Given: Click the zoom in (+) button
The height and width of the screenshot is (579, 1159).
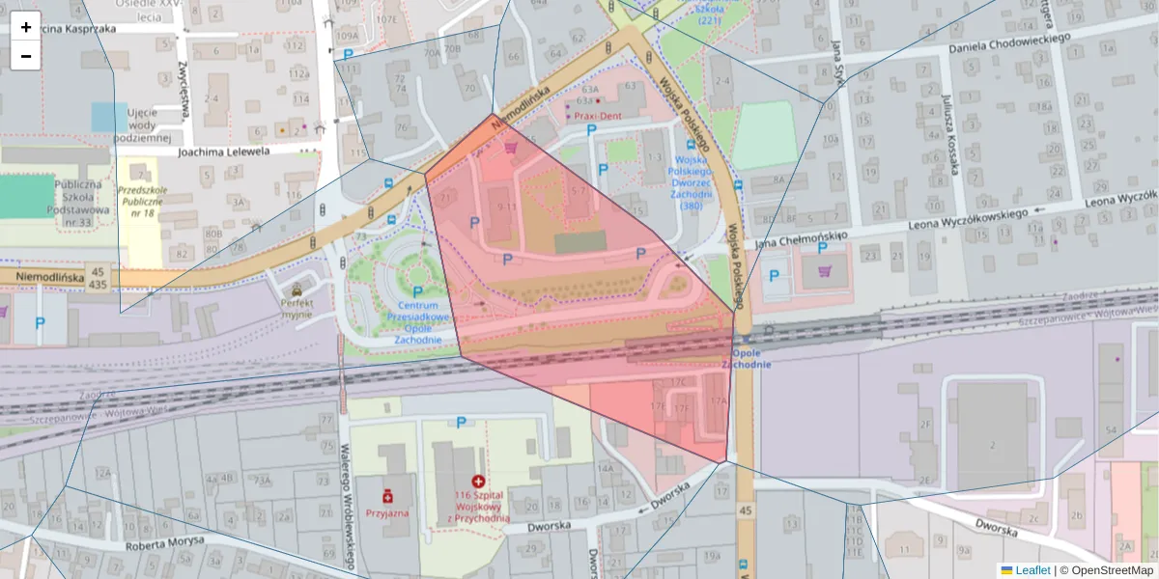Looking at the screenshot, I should tap(26, 27).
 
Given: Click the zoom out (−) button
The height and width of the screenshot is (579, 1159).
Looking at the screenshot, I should tap(26, 56).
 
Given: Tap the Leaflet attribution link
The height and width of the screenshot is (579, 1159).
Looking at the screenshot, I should tap(1032, 570).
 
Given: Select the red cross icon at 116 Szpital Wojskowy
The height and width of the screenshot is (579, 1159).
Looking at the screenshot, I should tap(477, 481).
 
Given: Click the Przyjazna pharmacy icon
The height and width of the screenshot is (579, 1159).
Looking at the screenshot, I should tap(387, 495).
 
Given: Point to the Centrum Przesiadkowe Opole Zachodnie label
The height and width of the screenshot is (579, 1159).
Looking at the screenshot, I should tap(417, 322).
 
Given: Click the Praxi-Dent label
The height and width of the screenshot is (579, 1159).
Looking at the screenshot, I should tap(598, 116).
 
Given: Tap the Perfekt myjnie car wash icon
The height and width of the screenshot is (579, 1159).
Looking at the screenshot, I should tap(297, 288).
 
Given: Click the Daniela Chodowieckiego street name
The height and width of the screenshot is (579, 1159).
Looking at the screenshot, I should tap(1009, 43).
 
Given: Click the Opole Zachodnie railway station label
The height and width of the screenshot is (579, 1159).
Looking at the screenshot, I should tap(746, 358).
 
